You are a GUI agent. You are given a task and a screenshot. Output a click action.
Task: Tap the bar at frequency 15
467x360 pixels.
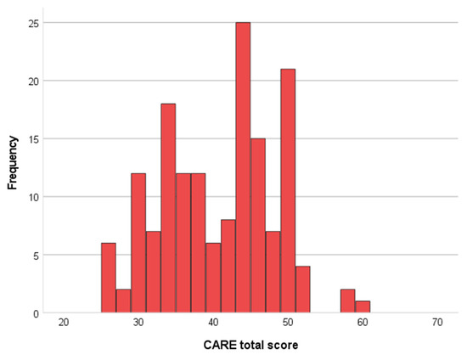(258, 226)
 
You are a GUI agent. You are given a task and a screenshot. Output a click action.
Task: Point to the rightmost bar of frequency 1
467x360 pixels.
(363, 307)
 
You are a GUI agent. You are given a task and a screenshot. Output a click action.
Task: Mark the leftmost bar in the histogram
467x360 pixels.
(108, 278)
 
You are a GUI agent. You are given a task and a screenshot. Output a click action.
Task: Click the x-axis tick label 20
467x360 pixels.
(64, 323)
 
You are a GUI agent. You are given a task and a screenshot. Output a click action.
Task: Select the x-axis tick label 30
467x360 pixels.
(138, 323)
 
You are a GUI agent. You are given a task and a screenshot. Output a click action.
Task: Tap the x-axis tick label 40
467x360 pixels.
(213, 323)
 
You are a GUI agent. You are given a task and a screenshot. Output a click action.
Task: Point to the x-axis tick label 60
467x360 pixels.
(363, 323)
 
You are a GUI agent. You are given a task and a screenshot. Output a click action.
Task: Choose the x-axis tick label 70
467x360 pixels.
(437, 323)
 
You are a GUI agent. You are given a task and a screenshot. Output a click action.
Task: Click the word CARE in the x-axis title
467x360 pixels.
(217, 346)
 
